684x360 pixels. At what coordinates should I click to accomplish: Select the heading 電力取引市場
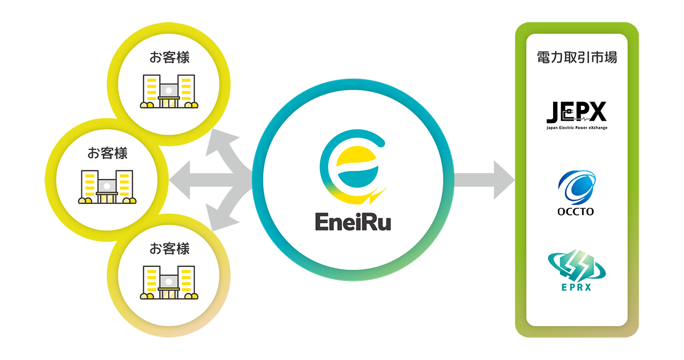[577, 58]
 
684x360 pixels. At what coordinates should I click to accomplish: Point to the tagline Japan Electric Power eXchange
[577, 128]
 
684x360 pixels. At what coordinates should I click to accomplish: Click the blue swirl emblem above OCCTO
[577, 186]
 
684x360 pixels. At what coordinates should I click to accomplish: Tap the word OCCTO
[577, 212]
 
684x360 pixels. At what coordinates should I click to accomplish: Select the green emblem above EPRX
[577, 267]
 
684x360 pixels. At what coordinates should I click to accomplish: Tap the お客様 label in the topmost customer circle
[169, 58]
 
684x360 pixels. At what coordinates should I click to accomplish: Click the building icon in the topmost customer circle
[169, 91]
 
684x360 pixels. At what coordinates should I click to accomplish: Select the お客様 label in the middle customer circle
[107, 153]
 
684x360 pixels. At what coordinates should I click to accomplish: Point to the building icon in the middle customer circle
[107, 187]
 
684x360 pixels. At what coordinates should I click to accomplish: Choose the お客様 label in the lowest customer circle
[169, 249]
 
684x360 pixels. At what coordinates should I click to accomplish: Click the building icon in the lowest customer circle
[169, 283]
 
